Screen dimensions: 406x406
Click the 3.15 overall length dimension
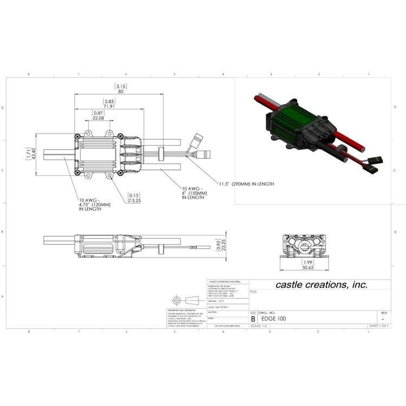click(120, 86)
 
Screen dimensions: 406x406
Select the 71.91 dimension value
click(109, 107)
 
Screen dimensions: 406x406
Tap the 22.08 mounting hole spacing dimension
click(99, 117)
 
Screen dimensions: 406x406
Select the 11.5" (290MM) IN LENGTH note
click(246, 184)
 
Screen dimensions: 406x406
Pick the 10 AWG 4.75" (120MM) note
click(94, 205)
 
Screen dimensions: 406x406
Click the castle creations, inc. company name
click(322, 284)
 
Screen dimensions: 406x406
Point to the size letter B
click(253, 319)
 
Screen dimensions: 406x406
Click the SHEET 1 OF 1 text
click(378, 326)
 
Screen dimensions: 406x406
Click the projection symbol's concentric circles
click(176, 300)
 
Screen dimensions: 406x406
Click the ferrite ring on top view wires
click(161, 153)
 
